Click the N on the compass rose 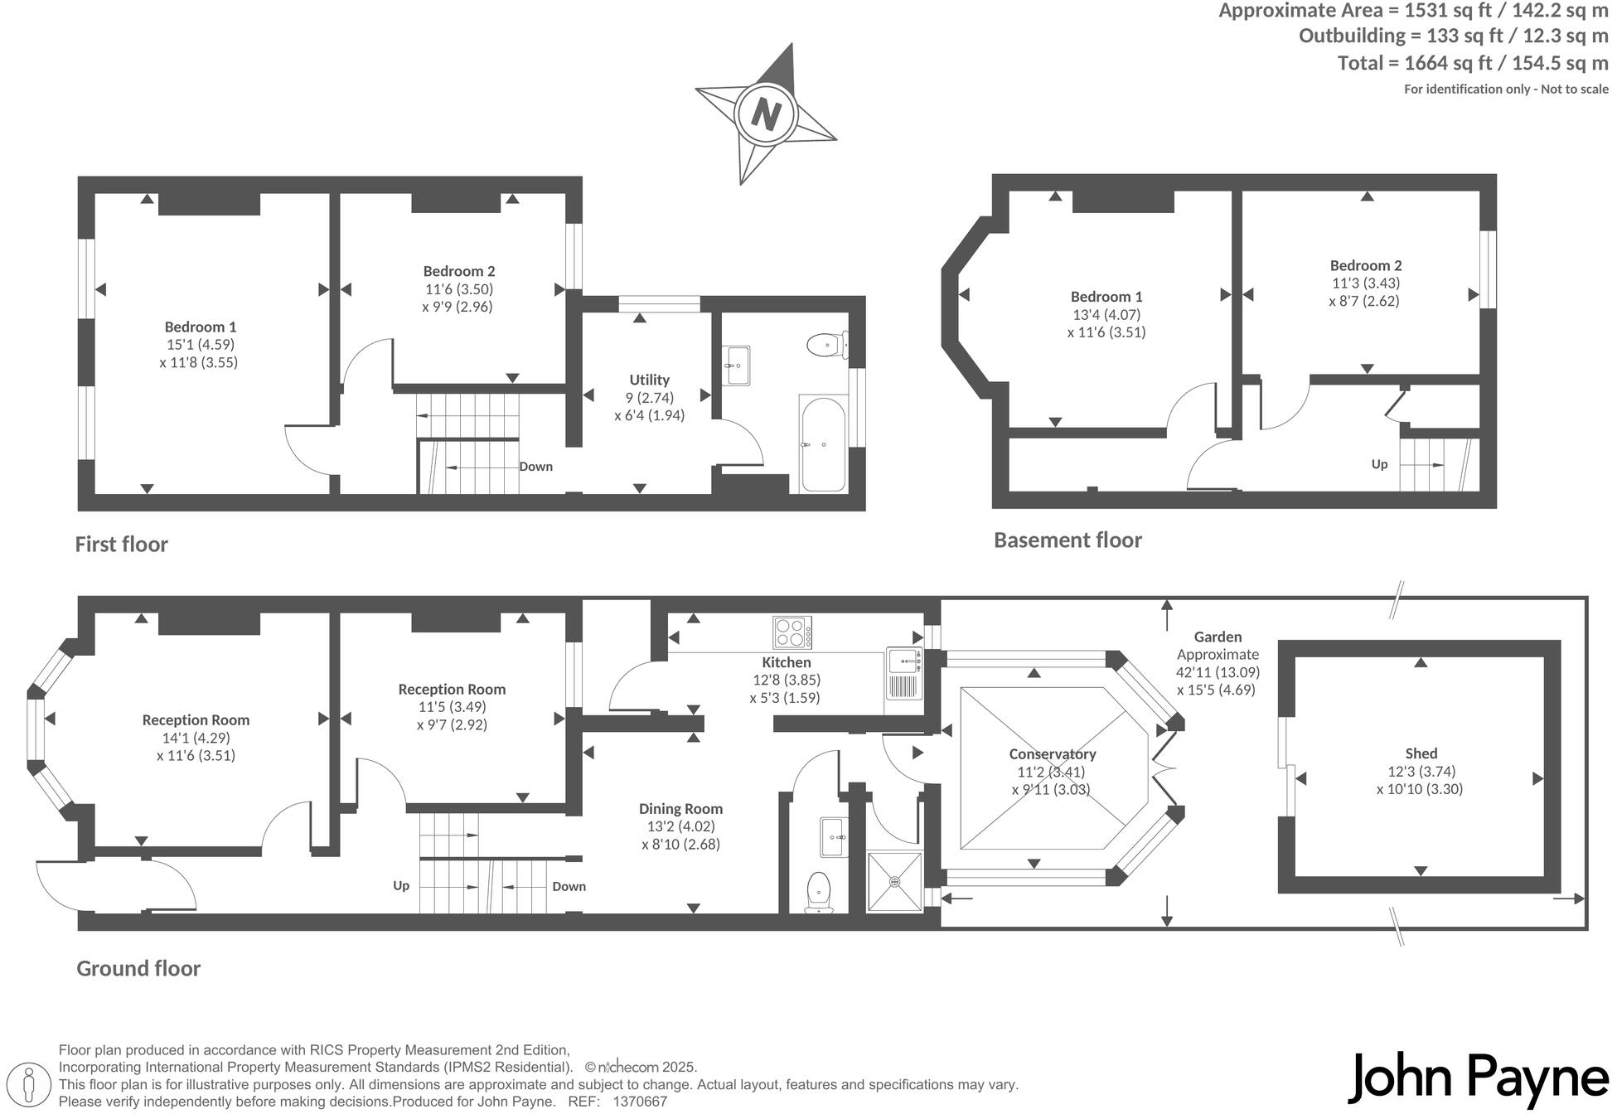pyautogui.click(x=766, y=114)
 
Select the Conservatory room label pyautogui.click(x=1052, y=754)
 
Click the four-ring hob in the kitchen pyautogui.click(x=792, y=633)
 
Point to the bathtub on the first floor pyautogui.click(x=822, y=444)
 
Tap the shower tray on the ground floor pyautogui.click(x=894, y=882)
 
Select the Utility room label pyautogui.click(x=649, y=380)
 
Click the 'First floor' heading pyautogui.click(x=122, y=545)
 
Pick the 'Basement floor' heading pyautogui.click(x=1068, y=540)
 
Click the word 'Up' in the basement pyautogui.click(x=1379, y=464)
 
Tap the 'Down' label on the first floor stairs pyautogui.click(x=535, y=467)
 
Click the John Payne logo pyautogui.click(x=1478, y=1078)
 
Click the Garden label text pyautogui.click(x=1218, y=637)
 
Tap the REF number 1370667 pyautogui.click(x=639, y=1102)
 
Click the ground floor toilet pyautogui.click(x=819, y=891)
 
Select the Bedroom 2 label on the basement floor pyautogui.click(x=1365, y=265)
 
